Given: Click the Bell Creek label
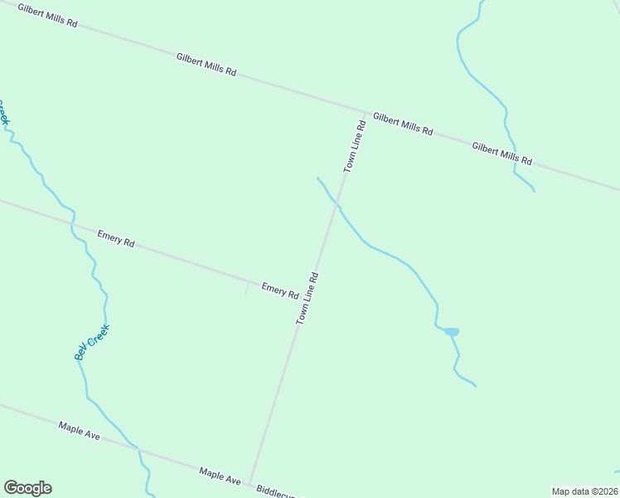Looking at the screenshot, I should click(91, 341).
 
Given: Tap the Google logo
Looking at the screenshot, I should click(27, 488).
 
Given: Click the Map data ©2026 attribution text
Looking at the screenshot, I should click(585, 491).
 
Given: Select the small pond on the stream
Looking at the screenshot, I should click(452, 332).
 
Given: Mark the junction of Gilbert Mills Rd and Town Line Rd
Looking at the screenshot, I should click(366, 112).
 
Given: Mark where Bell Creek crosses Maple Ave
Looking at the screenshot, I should click(139, 451).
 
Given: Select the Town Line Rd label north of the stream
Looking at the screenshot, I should click(355, 146).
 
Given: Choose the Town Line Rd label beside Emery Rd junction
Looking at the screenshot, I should click(308, 298).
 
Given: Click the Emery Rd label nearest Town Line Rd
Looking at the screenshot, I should click(280, 290).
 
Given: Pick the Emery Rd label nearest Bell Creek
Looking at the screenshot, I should click(115, 239).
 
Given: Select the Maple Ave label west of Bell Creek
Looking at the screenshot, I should click(79, 431).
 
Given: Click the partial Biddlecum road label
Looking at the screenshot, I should click(278, 492).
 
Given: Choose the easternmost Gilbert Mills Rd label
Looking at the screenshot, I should click(501, 153).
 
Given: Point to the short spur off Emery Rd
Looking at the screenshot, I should click(246, 288).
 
